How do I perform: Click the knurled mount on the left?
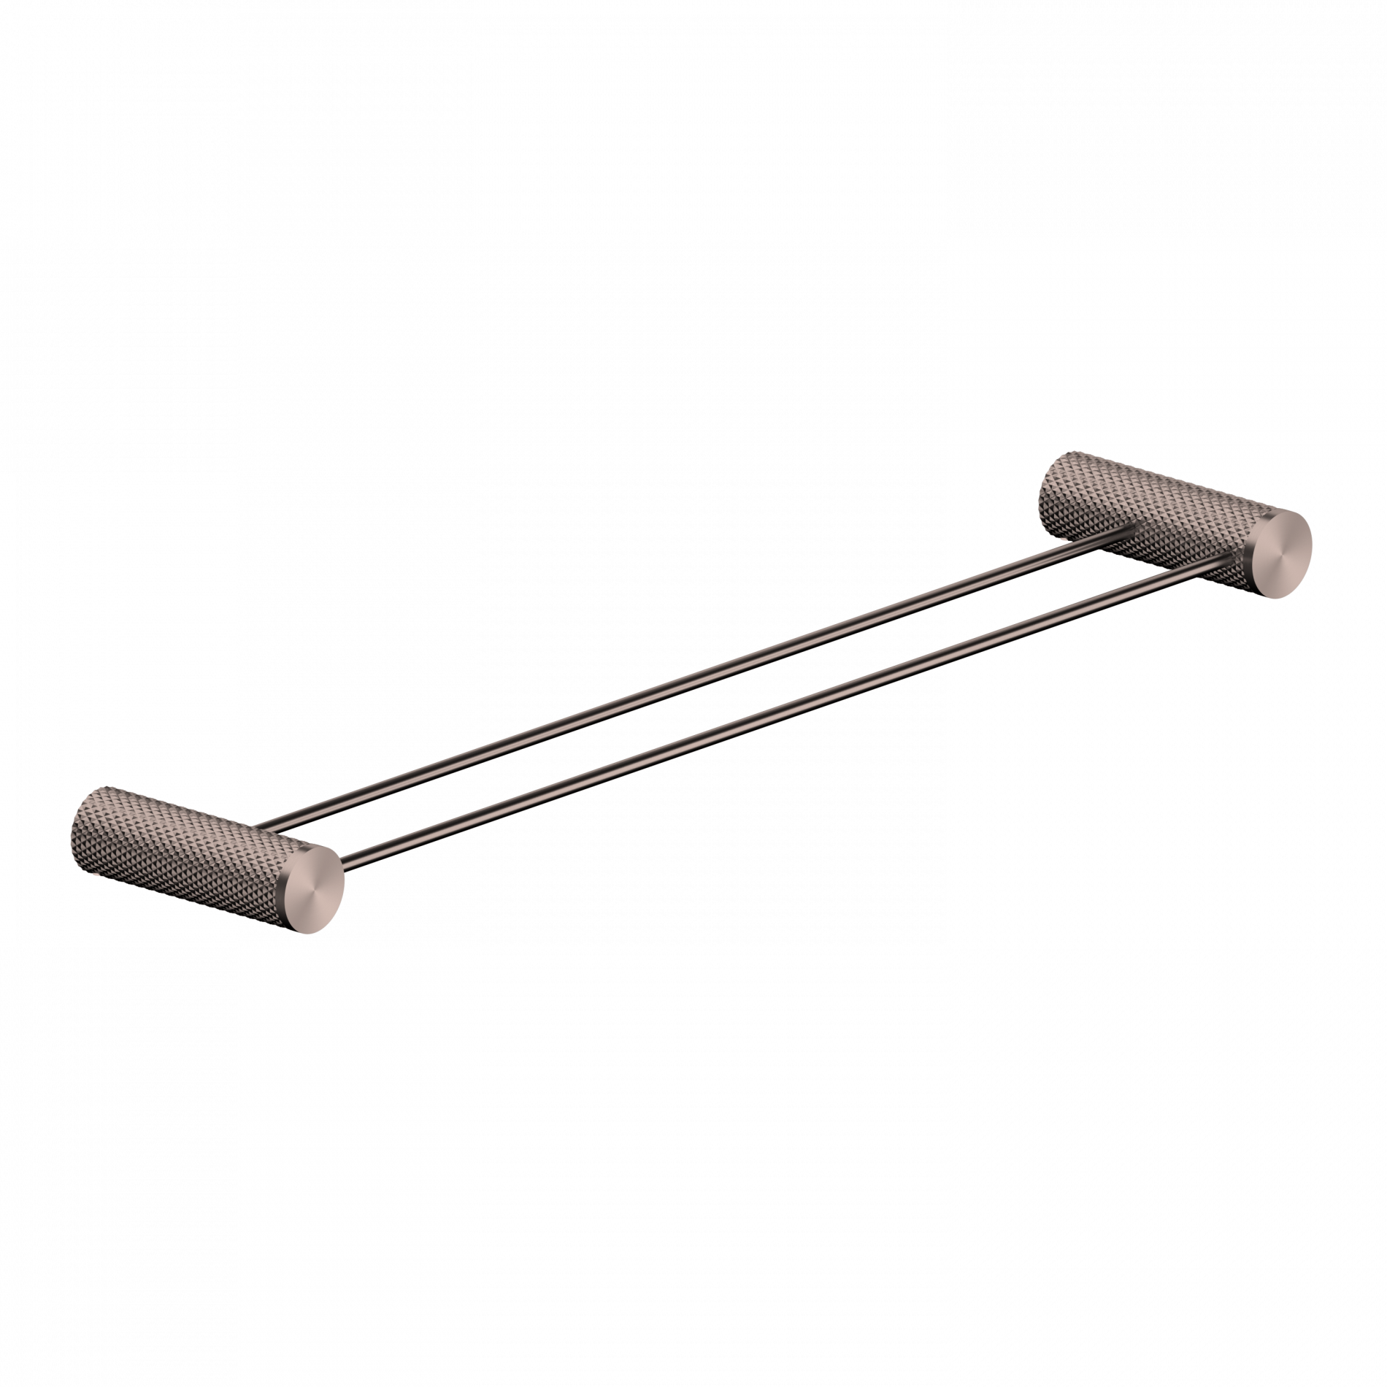182,832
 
